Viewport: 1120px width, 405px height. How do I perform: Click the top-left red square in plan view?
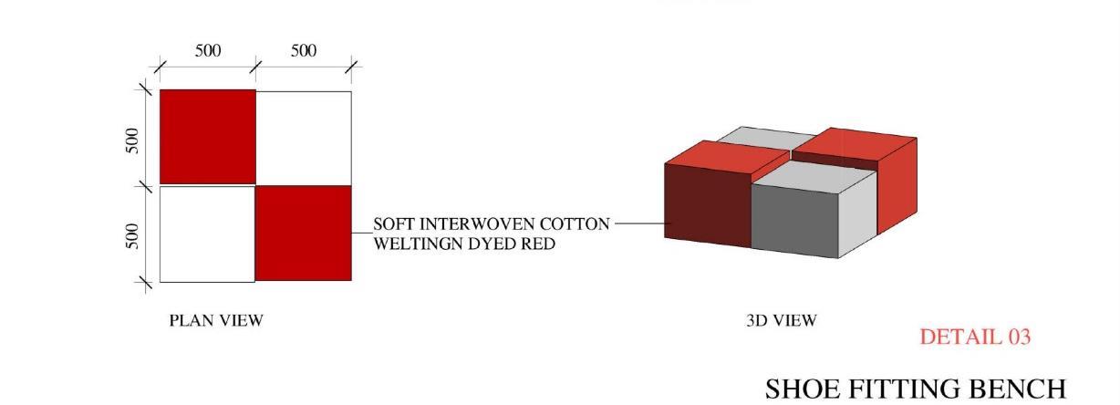(x=207, y=137)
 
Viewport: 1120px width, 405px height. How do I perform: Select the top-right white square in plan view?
(x=304, y=137)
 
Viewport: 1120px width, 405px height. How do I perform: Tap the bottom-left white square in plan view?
(x=207, y=234)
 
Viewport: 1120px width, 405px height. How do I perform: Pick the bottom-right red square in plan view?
(x=304, y=234)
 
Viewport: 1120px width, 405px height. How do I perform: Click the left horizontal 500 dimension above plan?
(x=208, y=51)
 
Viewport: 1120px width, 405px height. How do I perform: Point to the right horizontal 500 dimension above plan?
(x=304, y=51)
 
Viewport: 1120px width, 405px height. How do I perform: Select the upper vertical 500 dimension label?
(x=133, y=140)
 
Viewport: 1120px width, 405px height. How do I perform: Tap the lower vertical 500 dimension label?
(x=133, y=235)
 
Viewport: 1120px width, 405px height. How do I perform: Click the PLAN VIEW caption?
(x=216, y=320)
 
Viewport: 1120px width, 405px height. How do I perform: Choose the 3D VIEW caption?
(x=782, y=320)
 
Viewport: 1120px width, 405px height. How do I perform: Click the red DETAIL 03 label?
(x=975, y=337)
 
